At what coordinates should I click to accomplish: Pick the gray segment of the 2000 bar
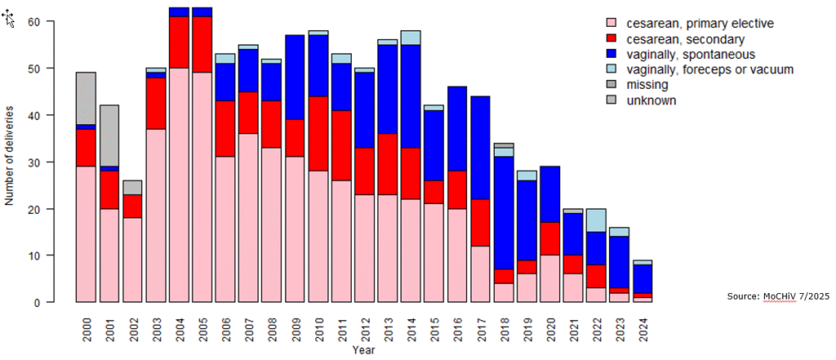[x=86, y=98]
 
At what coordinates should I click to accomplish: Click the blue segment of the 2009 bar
[x=296, y=78]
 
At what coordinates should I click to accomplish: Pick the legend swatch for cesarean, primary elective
[x=610, y=24]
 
